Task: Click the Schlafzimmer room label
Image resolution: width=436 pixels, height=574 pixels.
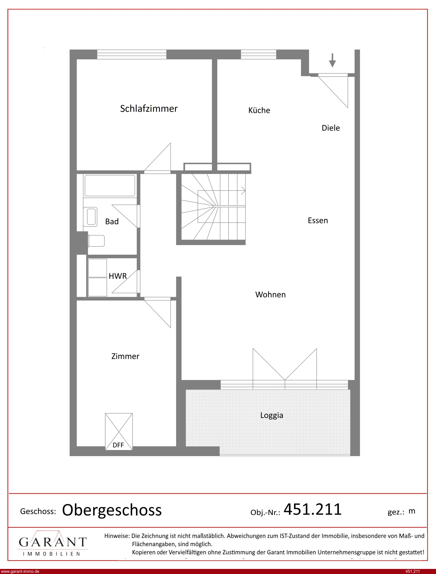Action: (149, 109)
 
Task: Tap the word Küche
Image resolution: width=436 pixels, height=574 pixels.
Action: (259, 110)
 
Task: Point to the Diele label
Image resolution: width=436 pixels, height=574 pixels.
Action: (331, 128)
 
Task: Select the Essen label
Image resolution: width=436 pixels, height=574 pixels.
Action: (318, 220)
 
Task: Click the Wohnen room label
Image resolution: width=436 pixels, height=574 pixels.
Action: (270, 294)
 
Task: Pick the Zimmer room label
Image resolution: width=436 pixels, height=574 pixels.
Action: (125, 356)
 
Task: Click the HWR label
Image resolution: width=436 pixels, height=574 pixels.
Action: (118, 276)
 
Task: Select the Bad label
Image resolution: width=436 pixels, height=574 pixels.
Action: (112, 221)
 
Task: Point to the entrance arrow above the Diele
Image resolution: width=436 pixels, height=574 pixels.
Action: (332, 60)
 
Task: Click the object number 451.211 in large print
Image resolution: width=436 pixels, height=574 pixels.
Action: (313, 509)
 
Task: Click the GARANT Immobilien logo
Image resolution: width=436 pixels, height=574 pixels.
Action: (53, 543)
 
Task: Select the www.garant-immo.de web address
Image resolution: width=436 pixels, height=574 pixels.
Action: (20, 571)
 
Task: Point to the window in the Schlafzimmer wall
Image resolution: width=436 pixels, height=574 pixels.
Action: (132, 54)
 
